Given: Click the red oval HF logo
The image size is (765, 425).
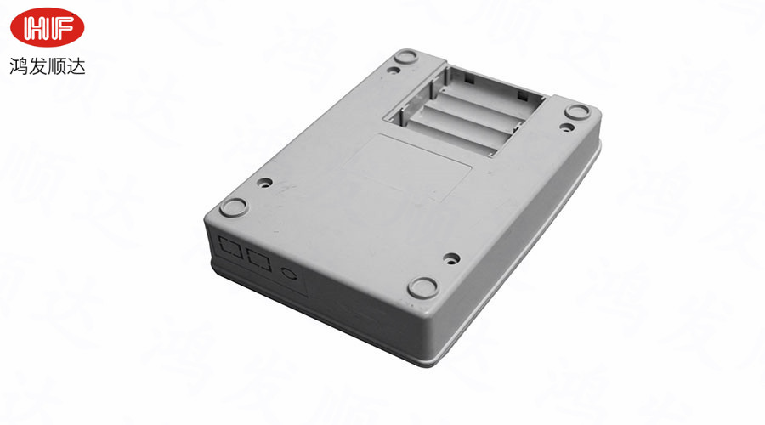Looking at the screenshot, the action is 48,27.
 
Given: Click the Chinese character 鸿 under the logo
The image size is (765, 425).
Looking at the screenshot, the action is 19,66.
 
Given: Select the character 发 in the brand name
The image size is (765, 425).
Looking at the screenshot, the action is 37,66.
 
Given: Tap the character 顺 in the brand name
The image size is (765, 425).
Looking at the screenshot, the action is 57,66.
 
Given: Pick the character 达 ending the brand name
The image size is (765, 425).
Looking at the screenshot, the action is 76,66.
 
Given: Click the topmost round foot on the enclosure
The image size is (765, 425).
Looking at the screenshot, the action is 405,55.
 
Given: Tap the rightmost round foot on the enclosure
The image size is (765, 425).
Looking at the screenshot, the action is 577,111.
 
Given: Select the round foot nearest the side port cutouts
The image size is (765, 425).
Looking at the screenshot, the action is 235,207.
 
